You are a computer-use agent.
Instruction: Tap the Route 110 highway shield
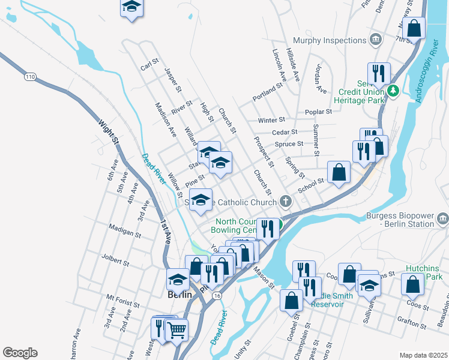[31, 77]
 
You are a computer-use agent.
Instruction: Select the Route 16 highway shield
[217, 296]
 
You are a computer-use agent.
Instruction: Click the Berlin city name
[179, 295]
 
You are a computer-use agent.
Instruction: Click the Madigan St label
[125, 227]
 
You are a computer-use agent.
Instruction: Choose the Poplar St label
[318, 112]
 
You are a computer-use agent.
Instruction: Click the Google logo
[20, 353]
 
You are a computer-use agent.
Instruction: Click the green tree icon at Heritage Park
[393, 91]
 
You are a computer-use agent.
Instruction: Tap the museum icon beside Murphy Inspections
[376, 40]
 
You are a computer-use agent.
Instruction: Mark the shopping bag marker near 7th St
[414, 27]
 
